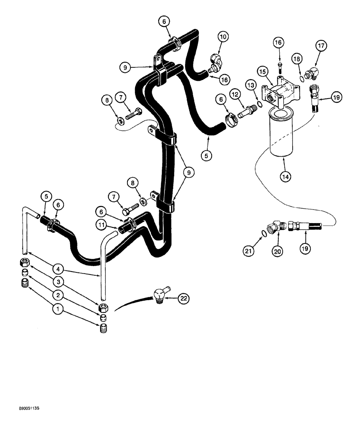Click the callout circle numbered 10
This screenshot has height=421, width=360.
click(x=223, y=37)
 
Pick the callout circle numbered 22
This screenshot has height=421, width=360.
click(x=184, y=299)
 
